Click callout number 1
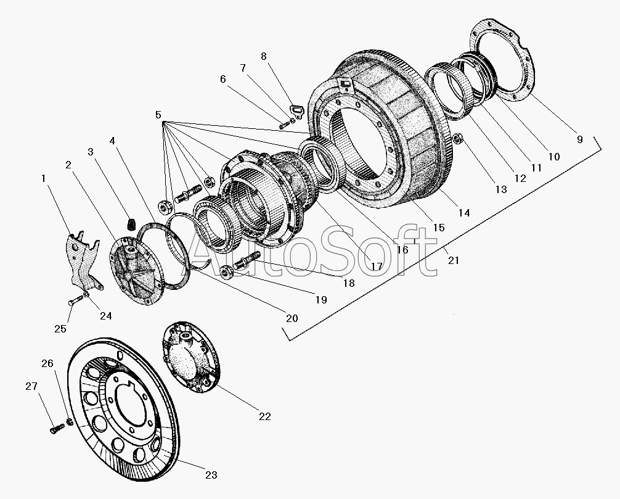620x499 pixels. click(44, 178)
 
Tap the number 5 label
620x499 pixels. click(158, 115)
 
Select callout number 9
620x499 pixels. click(580, 139)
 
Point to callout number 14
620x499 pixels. click(464, 213)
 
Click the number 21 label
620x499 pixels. click(454, 260)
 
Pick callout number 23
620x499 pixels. click(211, 475)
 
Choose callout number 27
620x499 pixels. click(31, 386)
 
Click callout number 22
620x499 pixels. click(265, 416)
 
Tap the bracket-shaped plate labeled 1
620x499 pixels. click(84, 260)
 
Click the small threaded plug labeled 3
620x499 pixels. click(130, 224)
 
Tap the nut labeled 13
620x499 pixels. click(459, 139)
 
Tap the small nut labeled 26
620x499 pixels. click(70, 421)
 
